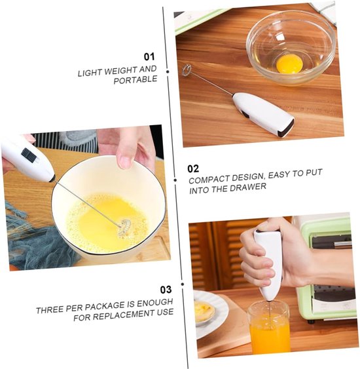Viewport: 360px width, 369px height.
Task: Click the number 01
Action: (149, 57)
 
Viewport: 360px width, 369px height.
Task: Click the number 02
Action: (193, 168)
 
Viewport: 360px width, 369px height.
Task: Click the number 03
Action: (166, 290)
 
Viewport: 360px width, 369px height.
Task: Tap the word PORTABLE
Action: (135, 79)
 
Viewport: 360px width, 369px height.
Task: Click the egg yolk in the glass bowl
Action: (289, 64)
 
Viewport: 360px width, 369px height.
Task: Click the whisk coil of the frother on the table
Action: (187, 70)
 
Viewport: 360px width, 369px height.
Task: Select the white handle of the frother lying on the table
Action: (263, 114)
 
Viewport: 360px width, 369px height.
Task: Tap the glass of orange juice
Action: (269, 327)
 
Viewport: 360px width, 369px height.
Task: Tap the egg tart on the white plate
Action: (204, 309)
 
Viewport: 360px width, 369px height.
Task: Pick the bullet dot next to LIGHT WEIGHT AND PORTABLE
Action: (168, 71)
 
